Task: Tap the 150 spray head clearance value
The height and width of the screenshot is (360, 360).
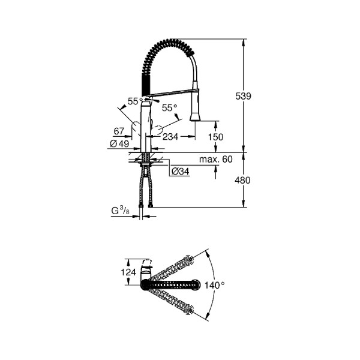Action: point(215,137)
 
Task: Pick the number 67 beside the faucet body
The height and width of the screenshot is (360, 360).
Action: point(118,131)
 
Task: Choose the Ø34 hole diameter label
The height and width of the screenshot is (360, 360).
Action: point(181,171)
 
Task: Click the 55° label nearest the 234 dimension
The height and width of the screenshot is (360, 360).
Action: point(170,107)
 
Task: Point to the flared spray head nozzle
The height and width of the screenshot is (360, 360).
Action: point(196,115)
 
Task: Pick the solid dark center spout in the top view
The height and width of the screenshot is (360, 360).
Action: point(171,285)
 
